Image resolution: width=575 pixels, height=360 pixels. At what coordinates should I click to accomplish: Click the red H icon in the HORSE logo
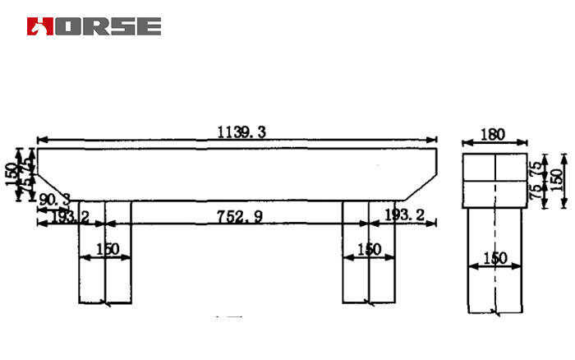pyautogui.click(x=39, y=26)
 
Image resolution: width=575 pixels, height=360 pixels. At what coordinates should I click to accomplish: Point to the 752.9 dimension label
pyautogui.click(x=239, y=216)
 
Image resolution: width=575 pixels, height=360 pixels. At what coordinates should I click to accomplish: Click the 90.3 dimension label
pyautogui.click(x=54, y=200)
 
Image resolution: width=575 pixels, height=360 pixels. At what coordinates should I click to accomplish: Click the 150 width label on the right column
pyautogui.click(x=369, y=249)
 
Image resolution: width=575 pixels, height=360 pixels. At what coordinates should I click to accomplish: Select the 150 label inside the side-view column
pyautogui.click(x=494, y=257)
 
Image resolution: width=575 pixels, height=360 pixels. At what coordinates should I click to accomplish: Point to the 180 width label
pyautogui.click(x=494, y=134)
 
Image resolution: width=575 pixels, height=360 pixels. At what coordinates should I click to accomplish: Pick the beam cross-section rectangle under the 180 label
pyautogui.click(x=494, y=179)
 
